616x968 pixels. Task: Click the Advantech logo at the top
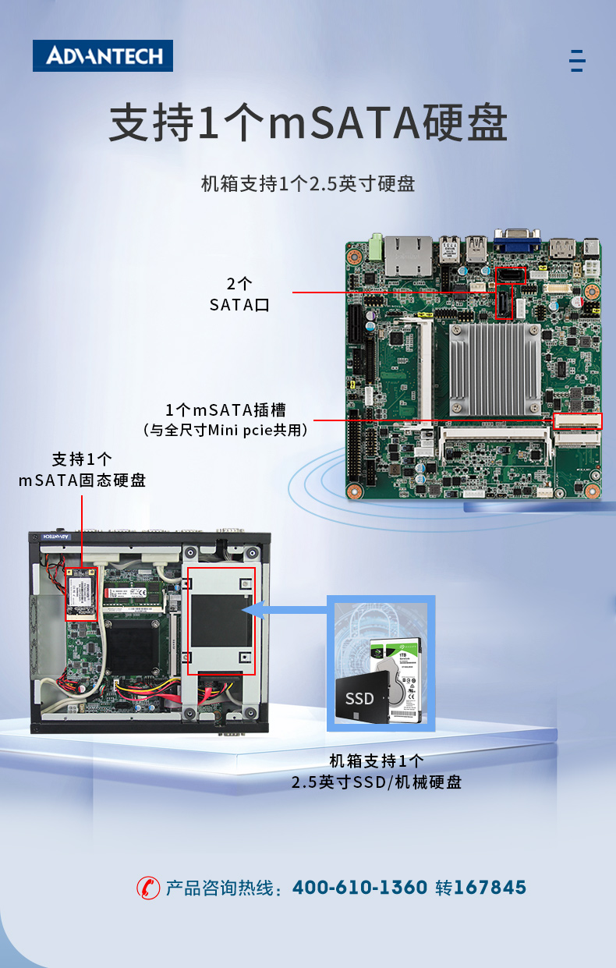point(103,56)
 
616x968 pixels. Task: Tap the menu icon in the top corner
point(577,60)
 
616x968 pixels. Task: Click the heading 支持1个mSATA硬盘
point(308,124)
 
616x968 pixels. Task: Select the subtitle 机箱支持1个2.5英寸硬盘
point(308,184)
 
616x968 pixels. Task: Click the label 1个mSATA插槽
point(225,410)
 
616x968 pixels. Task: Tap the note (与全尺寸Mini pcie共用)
point(225,430)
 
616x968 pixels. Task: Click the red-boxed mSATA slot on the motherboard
point(578,421)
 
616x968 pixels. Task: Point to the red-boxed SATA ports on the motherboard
point(511,293)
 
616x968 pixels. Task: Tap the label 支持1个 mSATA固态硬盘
point(82,469)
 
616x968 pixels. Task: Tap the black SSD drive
point(361,697)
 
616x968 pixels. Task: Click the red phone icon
point(147,888)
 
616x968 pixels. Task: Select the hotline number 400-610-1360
point(359,888)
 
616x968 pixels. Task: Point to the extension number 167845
point(490,888)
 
